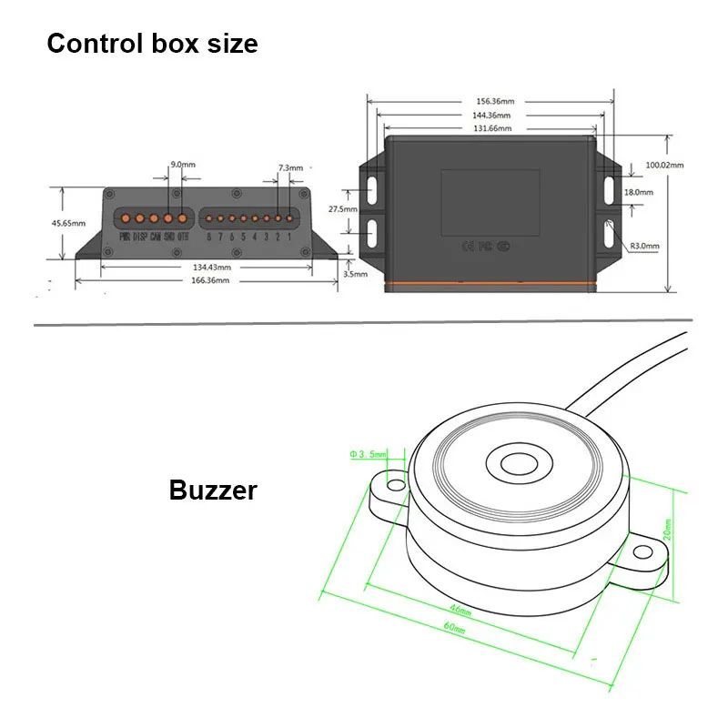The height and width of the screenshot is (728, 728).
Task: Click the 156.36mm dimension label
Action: (x=491, y=102)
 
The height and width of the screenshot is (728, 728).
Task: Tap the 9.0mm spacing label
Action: (x=183, y=165)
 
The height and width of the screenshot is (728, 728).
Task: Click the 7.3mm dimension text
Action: (x=290, y=168)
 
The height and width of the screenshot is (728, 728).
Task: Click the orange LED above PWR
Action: (x=126, y=218)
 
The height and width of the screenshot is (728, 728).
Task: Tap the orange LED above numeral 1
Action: (x=290, y=218)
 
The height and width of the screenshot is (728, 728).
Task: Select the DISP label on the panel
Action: (x=140, y=238)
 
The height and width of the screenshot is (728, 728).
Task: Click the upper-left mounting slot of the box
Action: (x=372, y=187)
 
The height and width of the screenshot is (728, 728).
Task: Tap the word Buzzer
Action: (x=213, y=490)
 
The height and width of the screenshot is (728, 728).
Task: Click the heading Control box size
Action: (x=152, y=43)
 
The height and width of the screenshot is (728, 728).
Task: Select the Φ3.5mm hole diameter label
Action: (x=369, y=453)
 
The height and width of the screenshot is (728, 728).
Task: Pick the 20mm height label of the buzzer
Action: (x=668, y=529)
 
